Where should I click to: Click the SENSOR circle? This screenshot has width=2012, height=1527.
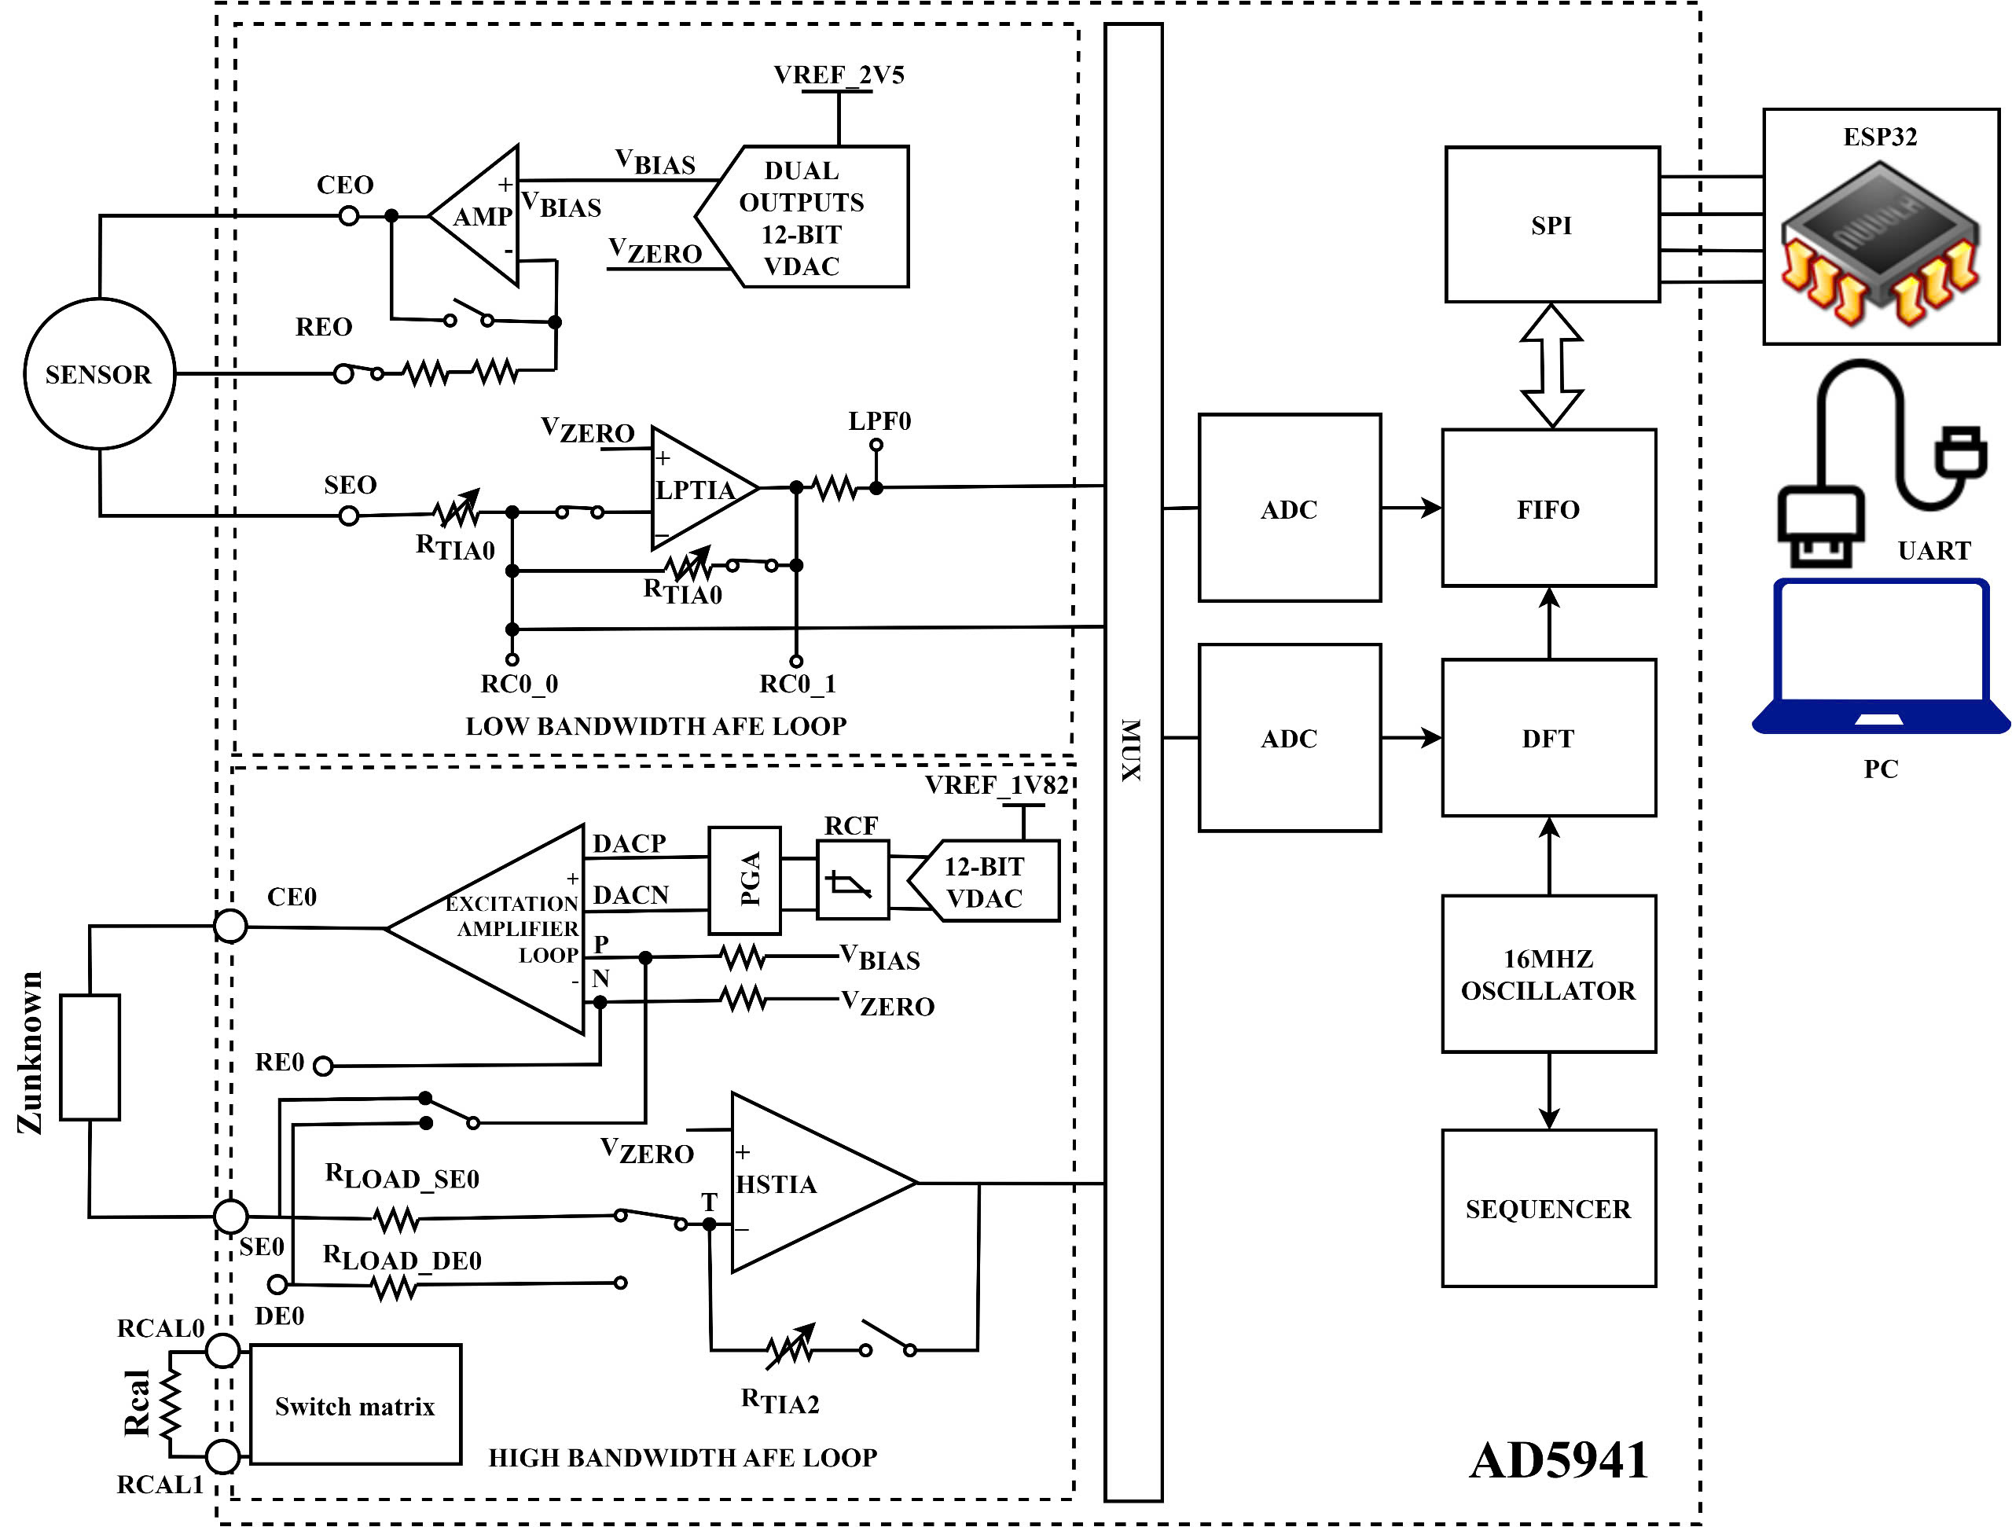point(99,374)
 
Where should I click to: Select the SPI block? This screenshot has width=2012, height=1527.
point(1551,225)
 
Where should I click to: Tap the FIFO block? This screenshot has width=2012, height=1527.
point(1548,508)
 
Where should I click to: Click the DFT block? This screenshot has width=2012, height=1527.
point(1548,738)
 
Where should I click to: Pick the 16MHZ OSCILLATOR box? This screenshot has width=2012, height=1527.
point(1548,974)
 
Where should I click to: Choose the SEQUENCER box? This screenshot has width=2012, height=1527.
point(1548,1208)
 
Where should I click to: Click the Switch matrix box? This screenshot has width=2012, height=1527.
point(354,1405)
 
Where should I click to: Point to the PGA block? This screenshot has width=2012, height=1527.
point(745,879)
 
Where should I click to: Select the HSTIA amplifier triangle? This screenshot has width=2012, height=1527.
point(800,1182)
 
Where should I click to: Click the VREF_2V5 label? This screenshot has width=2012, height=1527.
point(839,75)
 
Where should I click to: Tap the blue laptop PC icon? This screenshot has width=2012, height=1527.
point(1881,655)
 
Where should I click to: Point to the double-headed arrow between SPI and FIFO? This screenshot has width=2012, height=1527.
point(1551,365)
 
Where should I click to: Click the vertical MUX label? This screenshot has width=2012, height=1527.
point(1132,750)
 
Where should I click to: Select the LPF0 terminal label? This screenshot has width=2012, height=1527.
point(879,421)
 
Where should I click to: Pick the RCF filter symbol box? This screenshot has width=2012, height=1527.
point(852,880)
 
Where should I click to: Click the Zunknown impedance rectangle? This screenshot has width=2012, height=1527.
point(90,1057)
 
